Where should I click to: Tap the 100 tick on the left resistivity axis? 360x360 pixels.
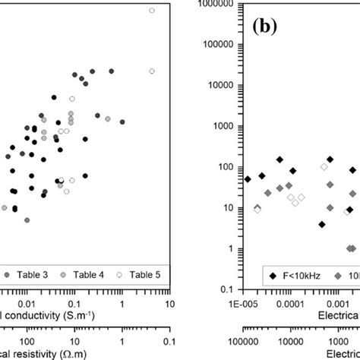(27, 343)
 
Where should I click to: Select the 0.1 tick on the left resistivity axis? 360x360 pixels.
(169, 343)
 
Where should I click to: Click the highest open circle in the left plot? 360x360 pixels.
(152, 11)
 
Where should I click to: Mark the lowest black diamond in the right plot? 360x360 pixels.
(322, 225)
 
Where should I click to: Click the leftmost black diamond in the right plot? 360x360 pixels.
(247, 179)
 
